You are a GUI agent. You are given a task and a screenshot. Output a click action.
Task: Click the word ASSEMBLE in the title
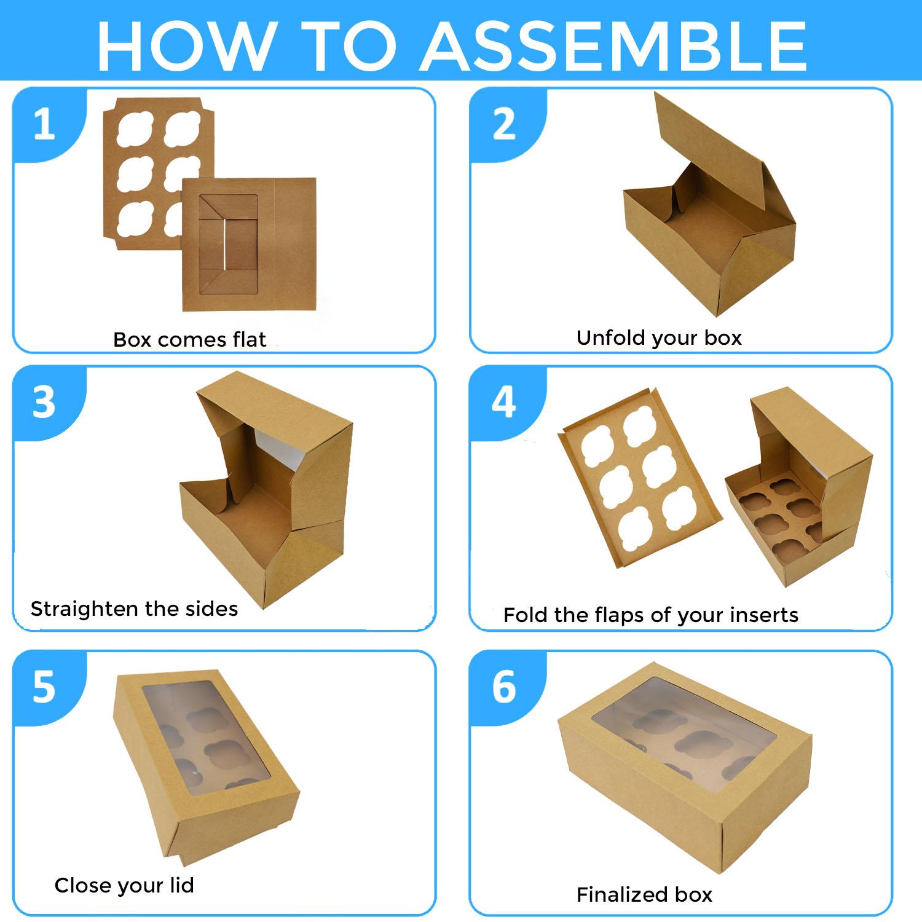(x=614, y=46)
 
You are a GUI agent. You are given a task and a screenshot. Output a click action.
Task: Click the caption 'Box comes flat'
(x=189, y=339)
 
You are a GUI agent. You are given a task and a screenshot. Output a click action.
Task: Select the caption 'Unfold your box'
(x=659, y=338)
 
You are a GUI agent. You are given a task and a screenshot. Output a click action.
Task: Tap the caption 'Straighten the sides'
(x=134, y=609)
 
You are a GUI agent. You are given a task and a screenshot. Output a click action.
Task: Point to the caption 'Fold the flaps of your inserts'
(x=651, y=615)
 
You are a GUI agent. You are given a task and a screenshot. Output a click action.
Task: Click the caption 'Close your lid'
(x=124, y=885)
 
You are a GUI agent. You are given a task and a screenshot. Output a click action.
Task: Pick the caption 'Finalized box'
(x=644, y=894)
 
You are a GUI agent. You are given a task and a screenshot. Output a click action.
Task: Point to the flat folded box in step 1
(x=249, y=245)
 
